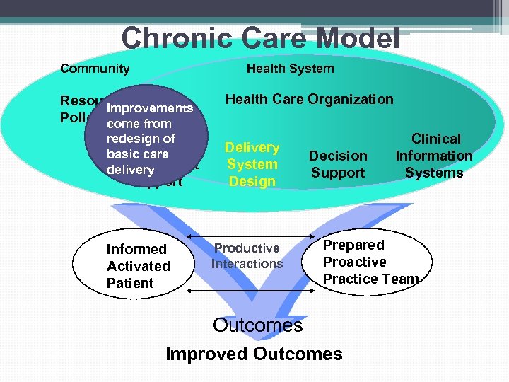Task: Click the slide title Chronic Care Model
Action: pyautogui.click(x=260, y=38)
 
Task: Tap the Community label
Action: pyautogui.click(x=95, y=69)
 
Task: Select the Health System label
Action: pyautogui.click(x=290, y=69)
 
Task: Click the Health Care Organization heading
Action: pyautogui.click(x=309, y=99)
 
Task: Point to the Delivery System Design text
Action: pyautogui.click(x=252, y=164)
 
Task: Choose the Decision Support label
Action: pyautogui.click(x=338, y=164)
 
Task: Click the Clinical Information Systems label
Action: pyautogui.click(x=434, y=156)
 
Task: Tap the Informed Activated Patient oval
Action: pyautogui.click(x=139, y=266)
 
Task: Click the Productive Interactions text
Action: pyautogui.click(x=247, y=256)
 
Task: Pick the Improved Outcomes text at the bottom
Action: pyautogui.click(x=254, y=354)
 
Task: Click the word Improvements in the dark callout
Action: pyautogui.click(x=149, y=108)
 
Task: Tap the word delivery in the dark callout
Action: pyautogui.click(x=130, y=170)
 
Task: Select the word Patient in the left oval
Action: pyautogui.click(x=130, y=283)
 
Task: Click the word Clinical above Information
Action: pyautogui.click(x=436, y=139)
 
